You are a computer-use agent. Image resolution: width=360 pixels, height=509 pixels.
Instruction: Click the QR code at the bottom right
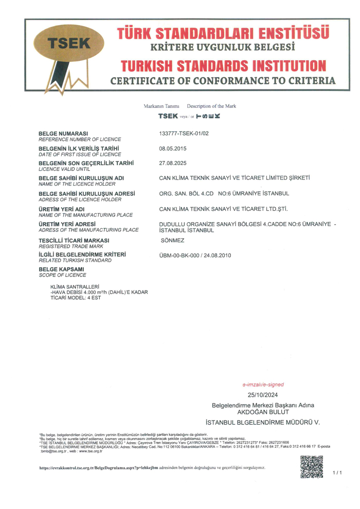[x=312, y=467]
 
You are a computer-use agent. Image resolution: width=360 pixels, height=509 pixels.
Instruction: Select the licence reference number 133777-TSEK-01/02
[x=184, y=134]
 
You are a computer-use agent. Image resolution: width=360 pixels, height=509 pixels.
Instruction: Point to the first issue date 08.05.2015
[x=173, y=149]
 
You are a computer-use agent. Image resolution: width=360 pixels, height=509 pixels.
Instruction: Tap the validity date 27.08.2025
[x=173, y=163]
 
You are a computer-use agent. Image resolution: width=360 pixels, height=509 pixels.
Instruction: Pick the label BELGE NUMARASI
[x=63, y=133]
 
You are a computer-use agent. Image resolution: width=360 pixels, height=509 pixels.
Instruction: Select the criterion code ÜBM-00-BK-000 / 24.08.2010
[x=195, y=256]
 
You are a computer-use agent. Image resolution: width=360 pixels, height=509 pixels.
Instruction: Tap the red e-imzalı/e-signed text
[x=263, y=384]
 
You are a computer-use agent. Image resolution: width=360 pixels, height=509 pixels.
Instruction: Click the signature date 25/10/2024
[x=262, y=395]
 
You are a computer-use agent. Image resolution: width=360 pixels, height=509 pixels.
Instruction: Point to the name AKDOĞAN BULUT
[x=262, y=412]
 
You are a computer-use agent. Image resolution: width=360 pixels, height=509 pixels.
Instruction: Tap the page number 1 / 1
[x=337, y=472]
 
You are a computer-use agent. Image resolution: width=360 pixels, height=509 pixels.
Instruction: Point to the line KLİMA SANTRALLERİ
[x=75, y=286]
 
